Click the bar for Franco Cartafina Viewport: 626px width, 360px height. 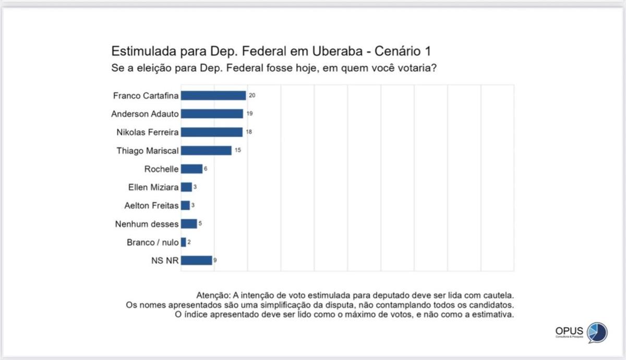pos(213,95)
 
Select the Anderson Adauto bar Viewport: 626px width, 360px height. pos(212,114)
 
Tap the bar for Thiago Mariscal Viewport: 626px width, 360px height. pos(206,150)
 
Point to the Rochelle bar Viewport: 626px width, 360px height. pos(191,169)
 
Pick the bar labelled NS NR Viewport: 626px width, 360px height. pos(196,260)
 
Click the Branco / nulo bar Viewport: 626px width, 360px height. pos(184,242)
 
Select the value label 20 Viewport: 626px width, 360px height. pos(252,95)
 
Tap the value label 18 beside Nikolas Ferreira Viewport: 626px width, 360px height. pos(249,132)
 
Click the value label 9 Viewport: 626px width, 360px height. pos(215,260)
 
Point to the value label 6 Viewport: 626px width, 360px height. pos(206,169)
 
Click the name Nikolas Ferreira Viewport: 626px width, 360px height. pos(148,133)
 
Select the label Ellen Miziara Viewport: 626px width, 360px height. pos(153,187)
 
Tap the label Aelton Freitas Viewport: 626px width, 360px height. pos(152,206)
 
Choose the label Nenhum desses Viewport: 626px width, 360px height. pos(147,224)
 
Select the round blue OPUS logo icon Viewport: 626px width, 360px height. pos(597,332)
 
